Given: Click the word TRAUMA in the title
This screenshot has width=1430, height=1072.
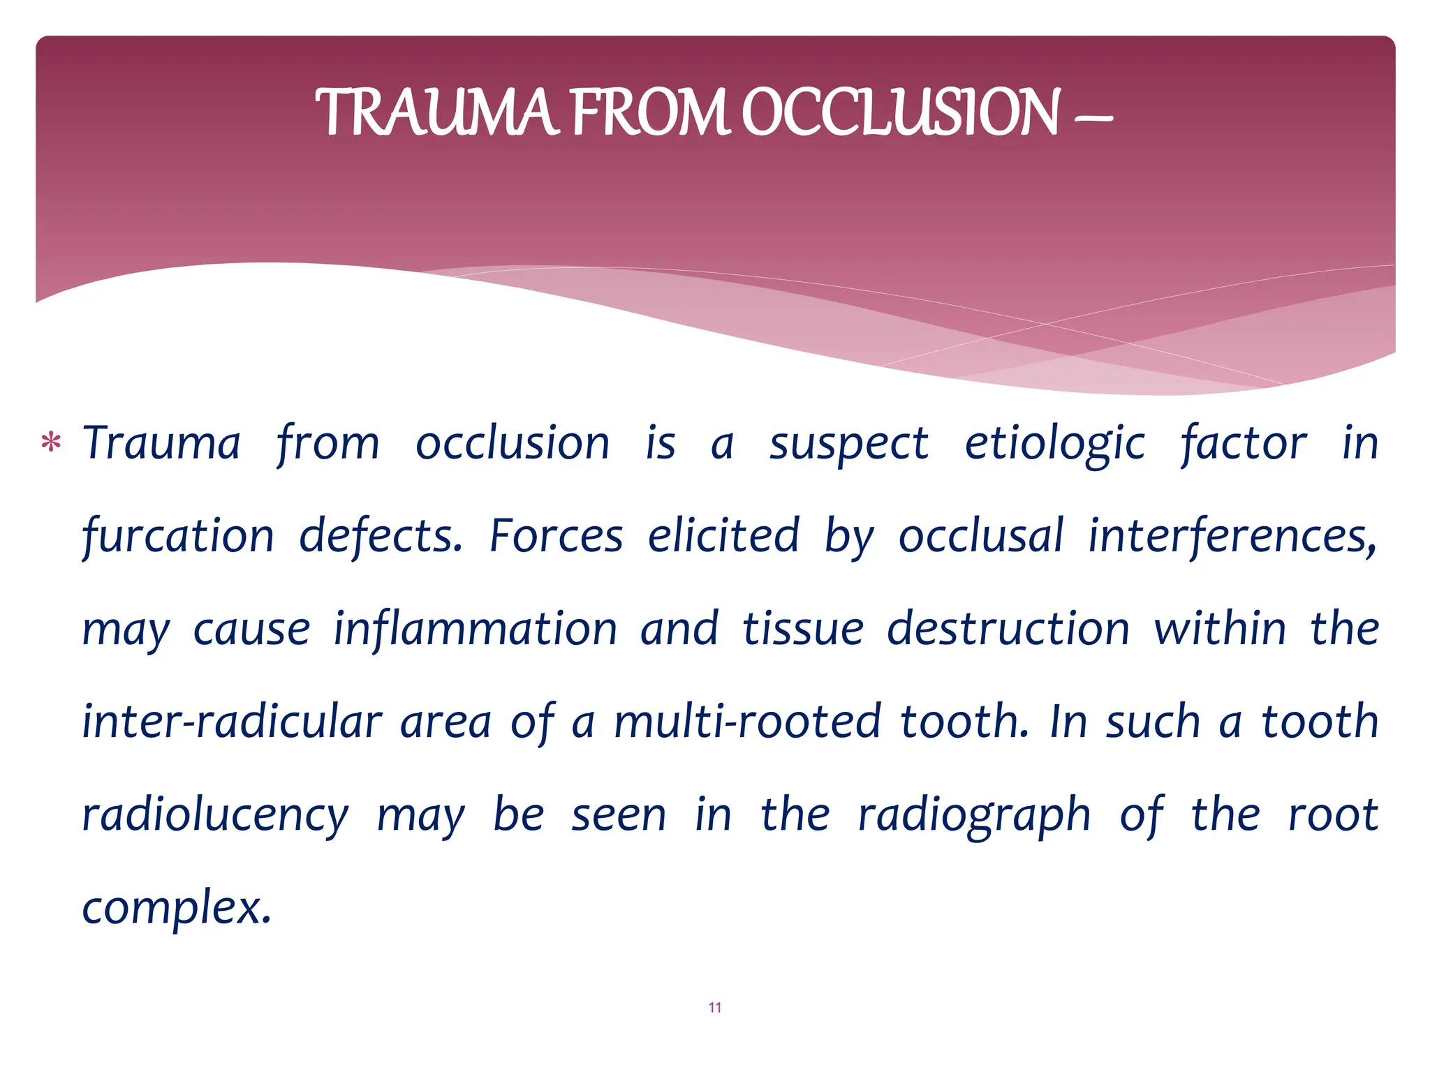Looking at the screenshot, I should point(436,113).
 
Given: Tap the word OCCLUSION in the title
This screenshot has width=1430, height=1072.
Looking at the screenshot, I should point(901,113).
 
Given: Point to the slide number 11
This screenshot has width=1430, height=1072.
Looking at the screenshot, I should point(714,1007).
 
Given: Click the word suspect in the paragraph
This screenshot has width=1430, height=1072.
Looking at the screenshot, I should point(848,444).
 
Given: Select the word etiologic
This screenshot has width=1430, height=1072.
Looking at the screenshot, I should point(1054,444).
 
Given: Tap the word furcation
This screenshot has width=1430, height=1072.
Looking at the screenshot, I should point(178,537).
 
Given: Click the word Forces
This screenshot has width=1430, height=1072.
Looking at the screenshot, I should point(556,537).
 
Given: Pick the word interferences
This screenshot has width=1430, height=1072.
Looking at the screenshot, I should point(1232,537).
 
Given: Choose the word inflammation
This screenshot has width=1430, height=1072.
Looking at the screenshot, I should point(475,629).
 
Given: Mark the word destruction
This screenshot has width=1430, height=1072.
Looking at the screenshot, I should point(1008,629).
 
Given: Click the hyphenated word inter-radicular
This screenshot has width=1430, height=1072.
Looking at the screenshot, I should point(232,722).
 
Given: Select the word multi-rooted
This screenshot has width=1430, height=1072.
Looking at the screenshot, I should point(747,722).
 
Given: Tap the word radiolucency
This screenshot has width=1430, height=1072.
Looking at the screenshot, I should point(215,815).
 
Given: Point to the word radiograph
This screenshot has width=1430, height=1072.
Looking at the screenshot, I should point(974,815).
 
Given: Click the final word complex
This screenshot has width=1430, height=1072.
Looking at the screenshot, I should point(176,908).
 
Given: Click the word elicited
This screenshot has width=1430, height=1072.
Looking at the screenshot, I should point(723,537).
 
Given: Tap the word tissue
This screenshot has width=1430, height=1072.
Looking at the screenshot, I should point(803,629).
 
